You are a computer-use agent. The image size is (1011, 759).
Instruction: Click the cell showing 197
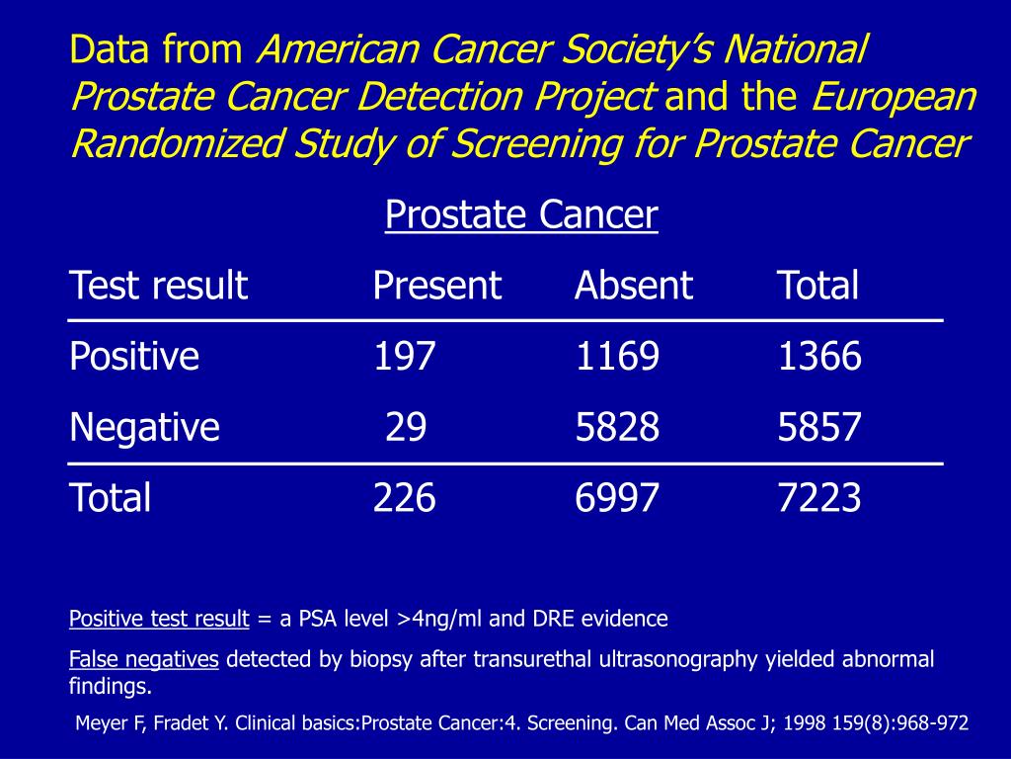pyautogui.click(x=404, y=357)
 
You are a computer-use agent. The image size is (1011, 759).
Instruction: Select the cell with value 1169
pyautogui.click(x=616, y=357)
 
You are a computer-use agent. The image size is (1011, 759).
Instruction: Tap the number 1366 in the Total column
pyautogui.click(x=818, y=357)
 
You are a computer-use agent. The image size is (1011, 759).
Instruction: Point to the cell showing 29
pyautogui.click(x=406, y=428)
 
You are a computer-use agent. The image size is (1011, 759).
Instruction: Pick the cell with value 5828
pyautogui.click(x=616, y=428)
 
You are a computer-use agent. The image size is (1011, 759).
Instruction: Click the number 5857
pyautogui.click(x=818, y=428)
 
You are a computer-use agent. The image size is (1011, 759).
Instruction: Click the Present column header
pyautogui.click(x=437, y=286)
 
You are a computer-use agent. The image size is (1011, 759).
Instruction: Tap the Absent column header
pyautogui.click(x=634, y=286)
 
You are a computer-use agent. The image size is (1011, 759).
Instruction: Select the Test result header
pyautogui.click(x=158, y=286)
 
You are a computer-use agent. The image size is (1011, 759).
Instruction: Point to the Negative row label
pyautogui.click(x=144, y=428)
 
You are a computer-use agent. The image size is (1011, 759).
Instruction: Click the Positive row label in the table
pyautogui.click(x=134, y=357)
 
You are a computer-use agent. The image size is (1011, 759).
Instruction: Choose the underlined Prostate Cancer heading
pyautogui.click(x=521, y=214)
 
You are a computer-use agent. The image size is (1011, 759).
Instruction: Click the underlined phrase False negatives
pyautogui.click(x=143, y=660)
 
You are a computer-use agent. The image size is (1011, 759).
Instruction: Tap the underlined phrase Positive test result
pyautogui.click(x=159, y=620)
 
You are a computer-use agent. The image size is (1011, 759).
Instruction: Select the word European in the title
pyautogui.click(x=894, y=98)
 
